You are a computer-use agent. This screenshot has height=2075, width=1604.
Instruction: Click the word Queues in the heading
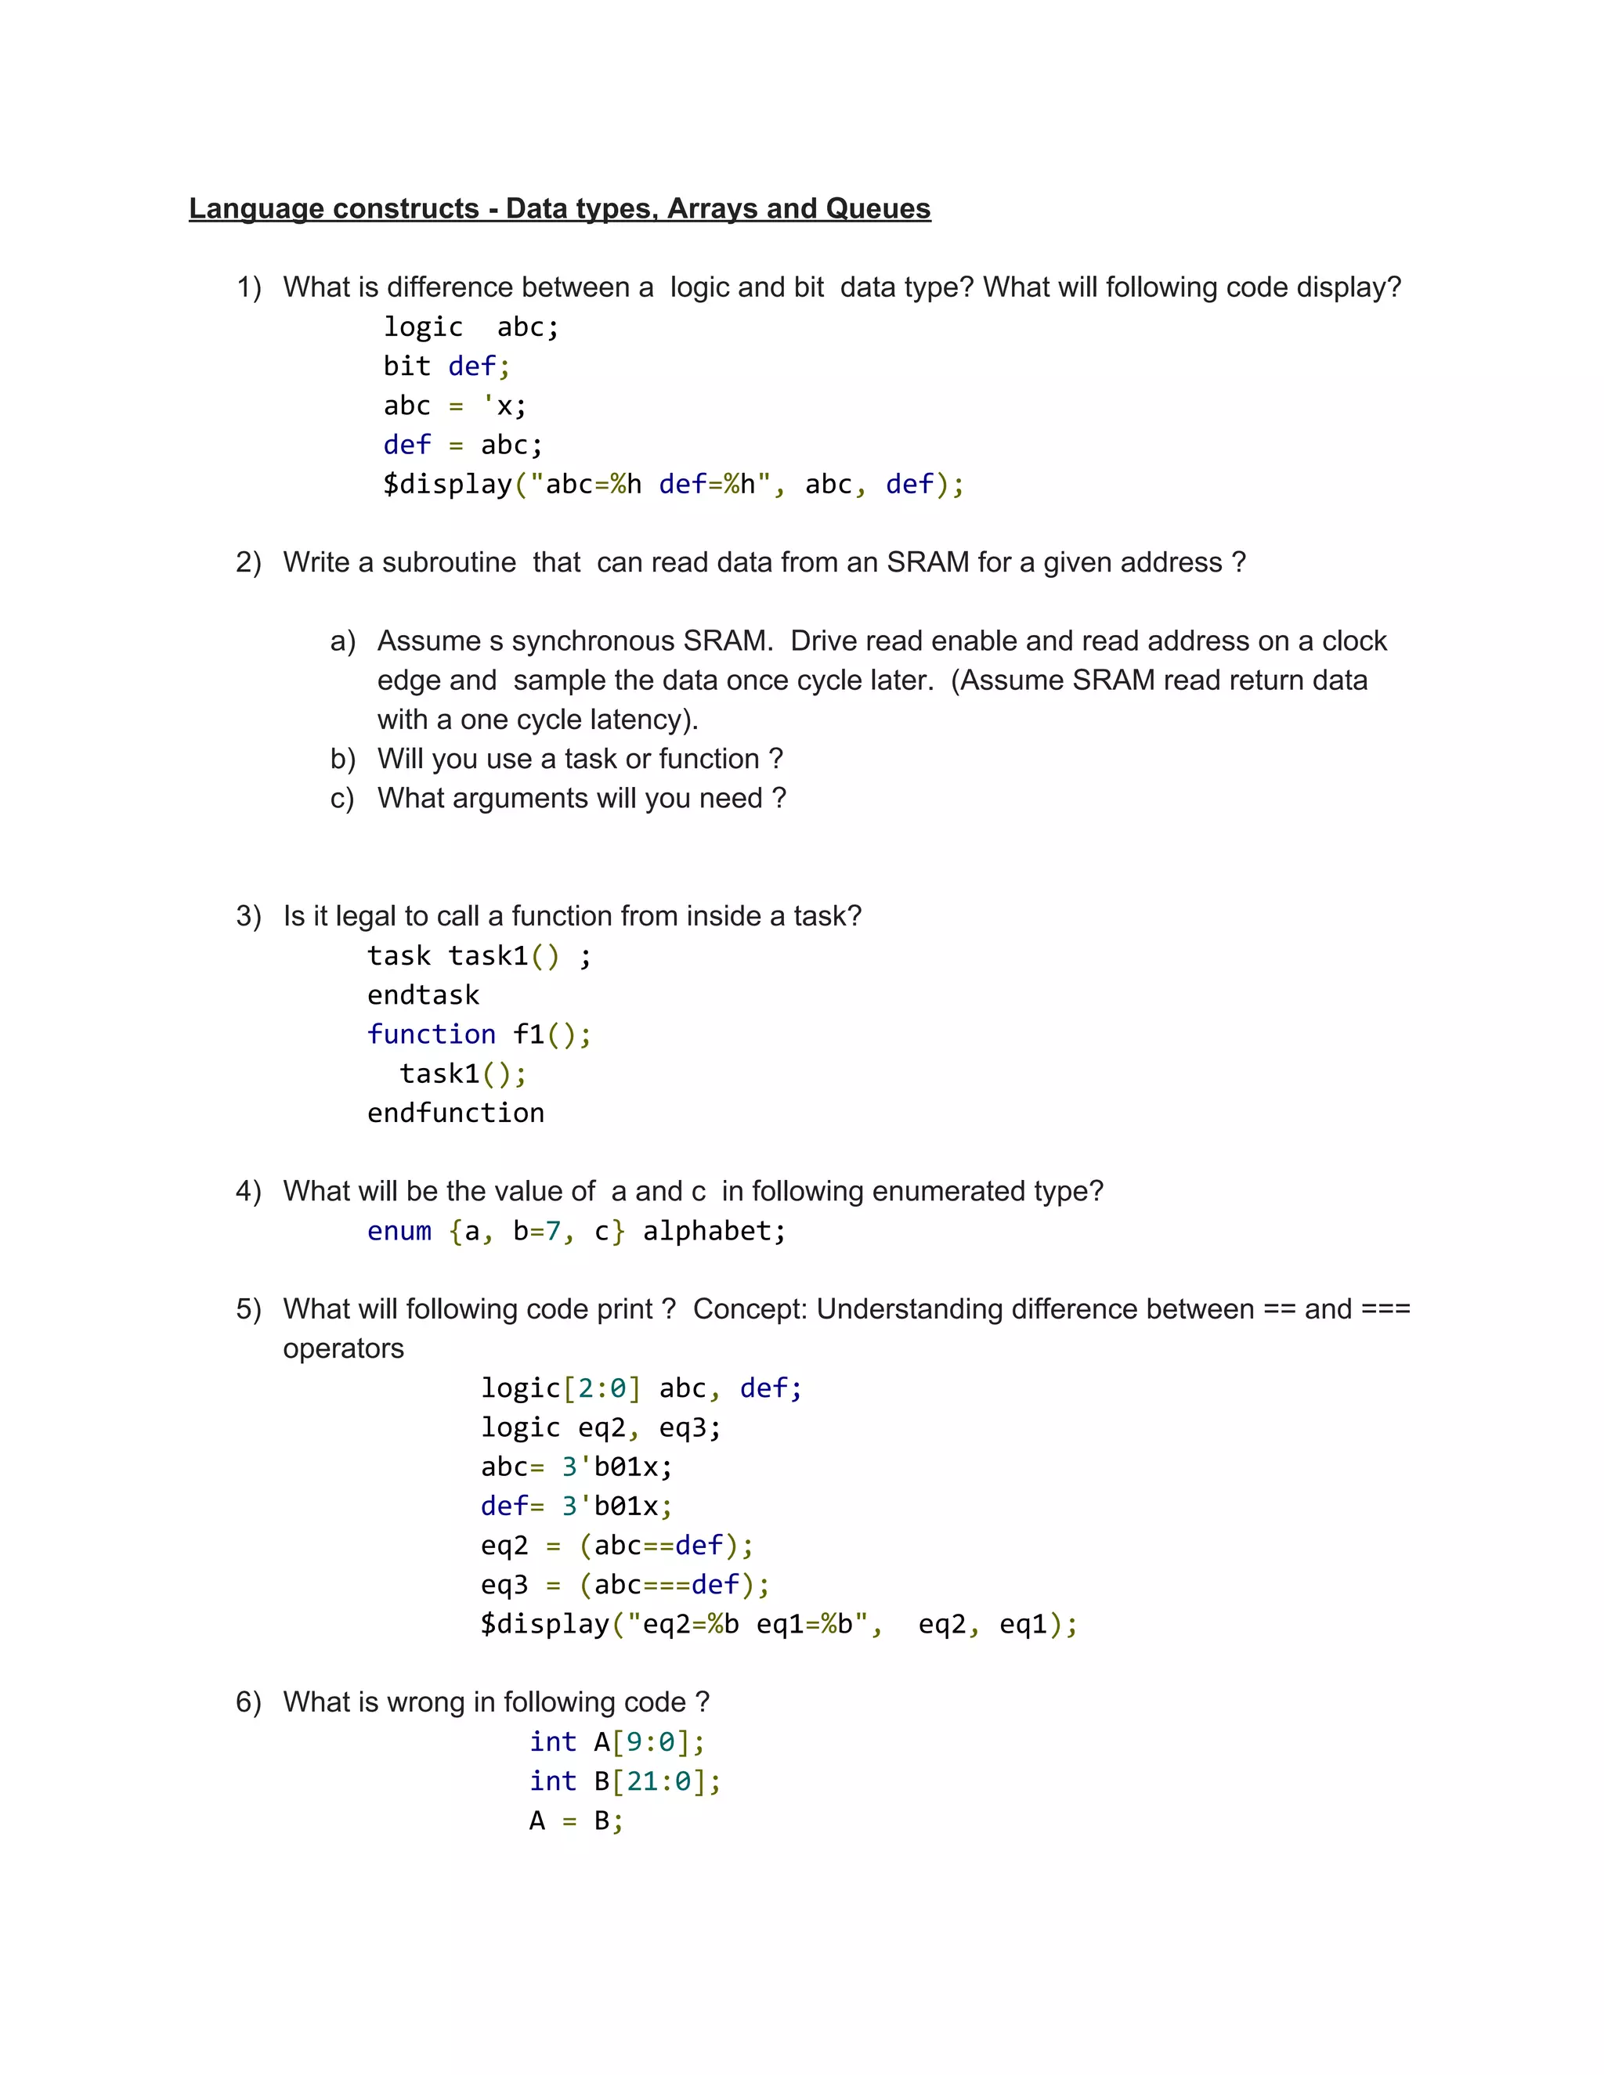coord(878,208)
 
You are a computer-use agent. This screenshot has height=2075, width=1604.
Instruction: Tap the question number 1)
coord(248,287)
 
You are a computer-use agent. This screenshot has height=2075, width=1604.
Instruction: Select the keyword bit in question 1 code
coord(406,366)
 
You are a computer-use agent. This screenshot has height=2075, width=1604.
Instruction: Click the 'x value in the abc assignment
coord(504,406)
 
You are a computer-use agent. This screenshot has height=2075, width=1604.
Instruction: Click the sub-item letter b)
coord(342,759)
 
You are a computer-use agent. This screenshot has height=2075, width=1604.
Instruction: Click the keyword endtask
coord(423,994)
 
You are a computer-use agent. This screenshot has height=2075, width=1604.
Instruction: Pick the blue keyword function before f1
coord(432,1034)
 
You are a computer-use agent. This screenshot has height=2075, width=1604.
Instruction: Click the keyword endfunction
coord(455,1113)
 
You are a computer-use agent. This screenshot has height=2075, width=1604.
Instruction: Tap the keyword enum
coord(399,1232)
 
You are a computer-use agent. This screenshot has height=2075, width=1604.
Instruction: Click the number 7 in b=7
coord(553,1232)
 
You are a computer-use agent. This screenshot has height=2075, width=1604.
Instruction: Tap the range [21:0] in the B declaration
coord(659,1781)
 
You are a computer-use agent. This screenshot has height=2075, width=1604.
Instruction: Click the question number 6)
coord(248,1702)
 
